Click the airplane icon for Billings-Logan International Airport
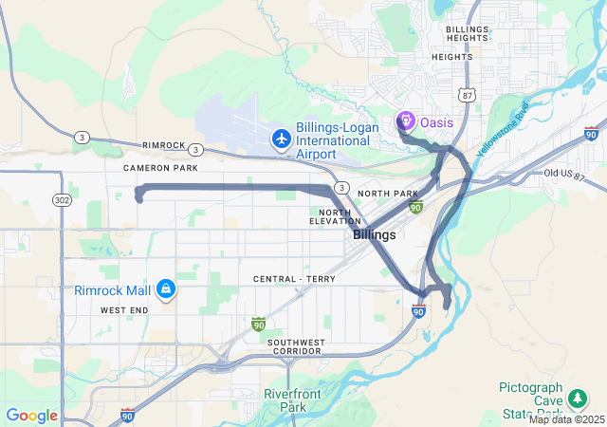click(x=281, y=139)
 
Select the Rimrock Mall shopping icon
click(x=166, y=288)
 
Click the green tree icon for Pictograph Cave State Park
click(x=551, y=394)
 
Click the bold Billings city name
click(x=375, y=233)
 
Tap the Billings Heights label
click(x=468, y=35)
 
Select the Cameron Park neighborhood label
click(x=160, y=168)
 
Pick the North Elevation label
click(x=335, y=216)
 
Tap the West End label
click(x=123, y=310)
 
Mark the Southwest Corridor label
click(x=294, y=346)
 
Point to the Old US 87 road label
click(x=565, y=174)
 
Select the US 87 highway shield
click(x=465, y=94)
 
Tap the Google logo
click(x=31, y=416)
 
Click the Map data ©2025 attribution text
click(x=567, y=419)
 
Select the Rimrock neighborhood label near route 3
click(x=164, y=145)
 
